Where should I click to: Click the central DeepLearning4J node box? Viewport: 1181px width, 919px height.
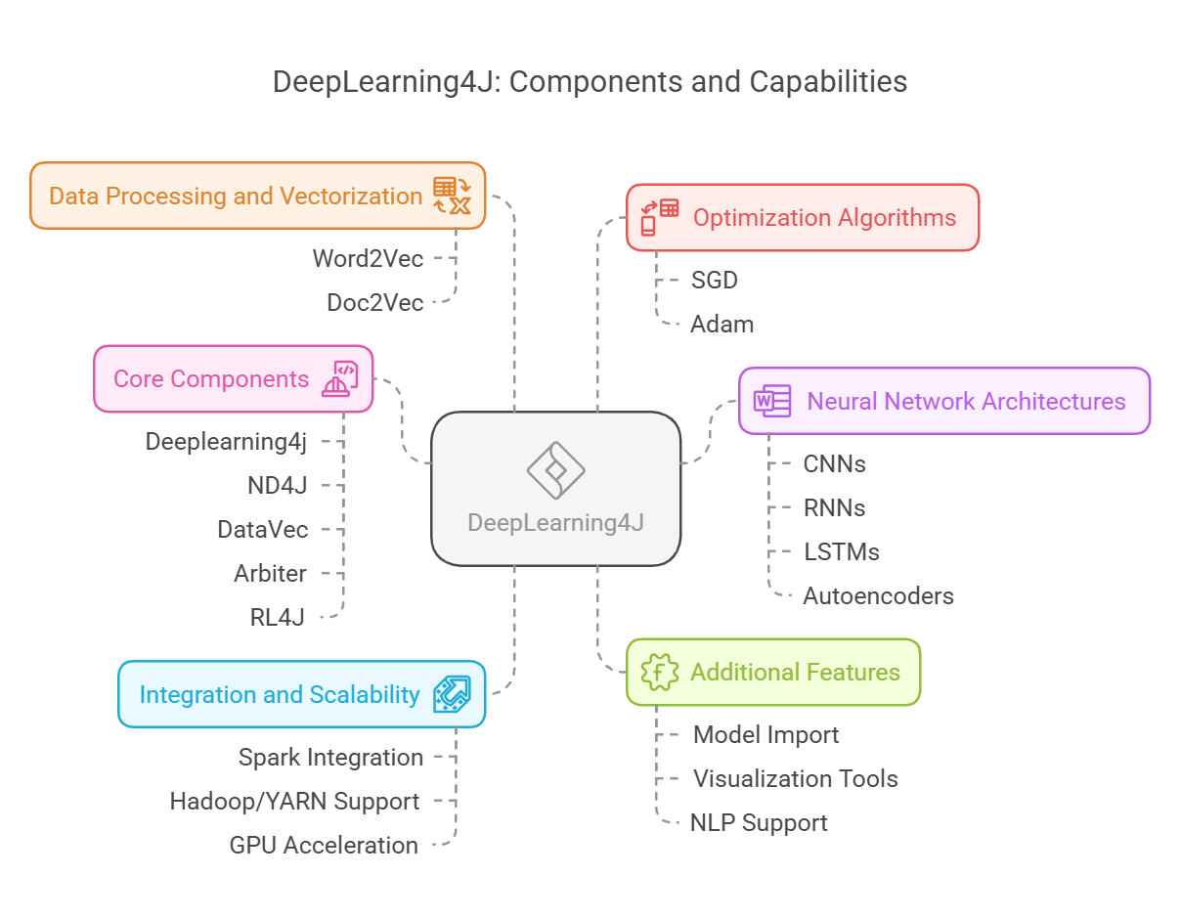(555, 489)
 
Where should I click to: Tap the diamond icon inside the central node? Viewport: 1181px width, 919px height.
(555, 470)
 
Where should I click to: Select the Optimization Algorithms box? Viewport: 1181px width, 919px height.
(802, 217)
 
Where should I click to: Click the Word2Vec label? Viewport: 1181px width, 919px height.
(368, 258)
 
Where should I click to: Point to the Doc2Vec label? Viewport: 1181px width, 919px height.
(374, 302)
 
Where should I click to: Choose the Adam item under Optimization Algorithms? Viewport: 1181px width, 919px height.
(722, 324)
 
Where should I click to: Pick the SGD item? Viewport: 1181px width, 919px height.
(714, 280)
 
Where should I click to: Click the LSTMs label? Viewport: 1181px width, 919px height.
(841, 551)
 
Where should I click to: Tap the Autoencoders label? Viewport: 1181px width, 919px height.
(878, 595)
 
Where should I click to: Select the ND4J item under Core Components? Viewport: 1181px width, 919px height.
(278, 485)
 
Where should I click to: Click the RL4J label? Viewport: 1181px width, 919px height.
(278, 617)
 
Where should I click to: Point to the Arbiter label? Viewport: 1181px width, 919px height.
(270, 573)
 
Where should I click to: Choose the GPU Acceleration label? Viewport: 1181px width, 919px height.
(324, 845)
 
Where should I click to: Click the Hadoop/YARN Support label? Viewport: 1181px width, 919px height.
(294, 801)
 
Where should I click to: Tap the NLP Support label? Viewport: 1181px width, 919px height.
(759, 822)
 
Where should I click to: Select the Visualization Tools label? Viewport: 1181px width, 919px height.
(795, 778)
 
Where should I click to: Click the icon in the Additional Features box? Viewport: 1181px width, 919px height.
(659, 672)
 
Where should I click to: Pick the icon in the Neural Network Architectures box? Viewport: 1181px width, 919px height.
(771, 401)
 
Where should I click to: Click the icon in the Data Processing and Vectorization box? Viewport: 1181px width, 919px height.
(452, 196)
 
